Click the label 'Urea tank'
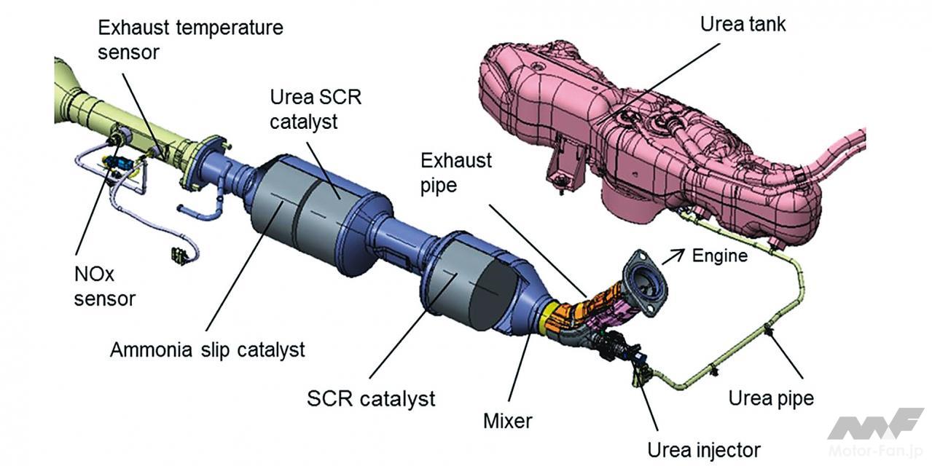(x=743, y=24)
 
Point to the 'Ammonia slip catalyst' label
(x=208, y=350)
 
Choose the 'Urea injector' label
(x=704, y=450)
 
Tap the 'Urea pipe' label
(x=771, y=398)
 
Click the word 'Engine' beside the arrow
(x=720, y=256)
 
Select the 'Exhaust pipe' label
(x=457, y=172)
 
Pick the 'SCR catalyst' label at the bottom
(x=371, y=398)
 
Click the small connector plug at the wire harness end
(x=177, y=256)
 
